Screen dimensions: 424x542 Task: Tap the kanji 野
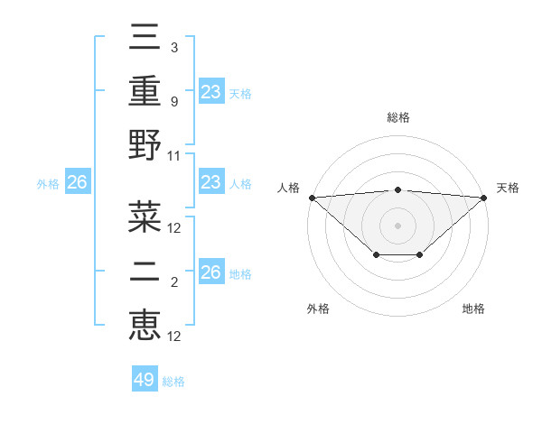coord(145,145)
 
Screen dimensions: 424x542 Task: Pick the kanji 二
coord(145,271)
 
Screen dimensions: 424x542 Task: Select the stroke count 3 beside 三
coord(173,47)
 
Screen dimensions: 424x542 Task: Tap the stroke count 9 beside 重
coord(173,102)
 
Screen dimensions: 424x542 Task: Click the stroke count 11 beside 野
coord(174,156)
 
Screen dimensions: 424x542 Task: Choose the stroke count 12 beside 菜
coord(174,228)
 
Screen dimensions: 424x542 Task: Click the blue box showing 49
coord(145,380)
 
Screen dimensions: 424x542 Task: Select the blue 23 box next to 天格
coord(211,91)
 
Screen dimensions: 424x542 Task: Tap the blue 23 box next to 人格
coord(211,182)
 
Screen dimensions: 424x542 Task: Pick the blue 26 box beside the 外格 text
coord(77,182)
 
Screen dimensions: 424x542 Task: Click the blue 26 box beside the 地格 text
coord(211,272)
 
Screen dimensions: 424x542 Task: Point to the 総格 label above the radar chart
coord(397,117)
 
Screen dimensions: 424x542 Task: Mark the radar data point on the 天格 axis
coord(484,197)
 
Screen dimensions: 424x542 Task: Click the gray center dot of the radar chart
coord(397,225)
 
